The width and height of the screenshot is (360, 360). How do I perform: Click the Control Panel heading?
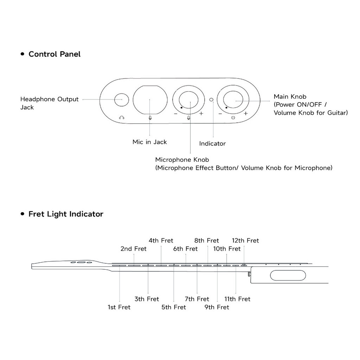pos(54,54)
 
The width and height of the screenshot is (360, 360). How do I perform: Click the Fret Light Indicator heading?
pos(66,214)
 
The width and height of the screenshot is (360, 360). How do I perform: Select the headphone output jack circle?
pos(122,100)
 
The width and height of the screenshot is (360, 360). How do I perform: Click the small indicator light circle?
pos(211,100)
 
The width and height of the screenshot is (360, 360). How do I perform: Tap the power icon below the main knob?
pos(233,117)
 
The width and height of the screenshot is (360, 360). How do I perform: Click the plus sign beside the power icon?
pos(246,114)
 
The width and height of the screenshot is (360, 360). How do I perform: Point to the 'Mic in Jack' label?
pos(149,142)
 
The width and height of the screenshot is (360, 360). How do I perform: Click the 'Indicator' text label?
pos(212,143)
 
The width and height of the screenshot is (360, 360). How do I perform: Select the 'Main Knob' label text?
pos(290,96)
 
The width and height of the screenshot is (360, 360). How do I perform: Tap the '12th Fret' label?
pos(245,240)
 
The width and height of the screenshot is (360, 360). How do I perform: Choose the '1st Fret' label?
pos(119,307)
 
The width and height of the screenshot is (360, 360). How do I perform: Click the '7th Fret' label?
pos(197,299)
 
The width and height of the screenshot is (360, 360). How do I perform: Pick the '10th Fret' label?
pos(227,249)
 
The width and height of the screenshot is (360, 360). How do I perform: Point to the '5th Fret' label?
pos(174,307)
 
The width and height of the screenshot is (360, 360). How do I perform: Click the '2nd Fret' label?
pos(133,249)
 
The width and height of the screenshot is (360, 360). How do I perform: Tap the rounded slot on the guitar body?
pos(283,275)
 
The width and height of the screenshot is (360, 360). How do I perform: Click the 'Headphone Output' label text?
pos(49,99)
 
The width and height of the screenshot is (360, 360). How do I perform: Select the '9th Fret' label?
pos(217,307)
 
